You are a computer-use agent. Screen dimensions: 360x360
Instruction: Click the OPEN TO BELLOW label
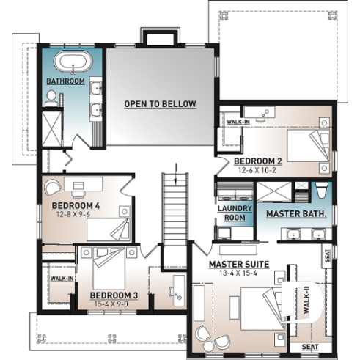pyautogui.click(x=160, y=104)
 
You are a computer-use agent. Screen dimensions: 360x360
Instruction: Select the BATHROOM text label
pyautogui.click(x=65, y=81)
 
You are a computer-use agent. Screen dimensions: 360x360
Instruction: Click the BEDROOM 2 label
pyautogui.click(x=258, y=161)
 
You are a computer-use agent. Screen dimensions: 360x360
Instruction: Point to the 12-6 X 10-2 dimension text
pyautogui.click(x=258, y=169)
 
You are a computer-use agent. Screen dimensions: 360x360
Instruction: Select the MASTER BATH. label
pyautogui.click(x=295, y=213)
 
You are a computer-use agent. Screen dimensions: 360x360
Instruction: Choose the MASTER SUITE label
pyautogui.click(x=238, y=264)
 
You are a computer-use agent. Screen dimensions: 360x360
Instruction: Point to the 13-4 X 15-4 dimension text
pyautogui.click(x=238, y=273)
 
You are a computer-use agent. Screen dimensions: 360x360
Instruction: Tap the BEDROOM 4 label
pyautogui.click(x=76, y=206)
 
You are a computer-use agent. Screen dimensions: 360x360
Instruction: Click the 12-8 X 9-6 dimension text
pyautogui.click(x=76, y=215)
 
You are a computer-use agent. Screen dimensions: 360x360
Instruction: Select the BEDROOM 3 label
pyautogui.click(x=111, y=295)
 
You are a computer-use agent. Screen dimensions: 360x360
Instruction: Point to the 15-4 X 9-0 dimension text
pyautogui.click(x=111, y=304)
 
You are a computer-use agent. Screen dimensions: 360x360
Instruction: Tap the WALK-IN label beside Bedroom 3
pyautogui.click(x=59, y=279)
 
